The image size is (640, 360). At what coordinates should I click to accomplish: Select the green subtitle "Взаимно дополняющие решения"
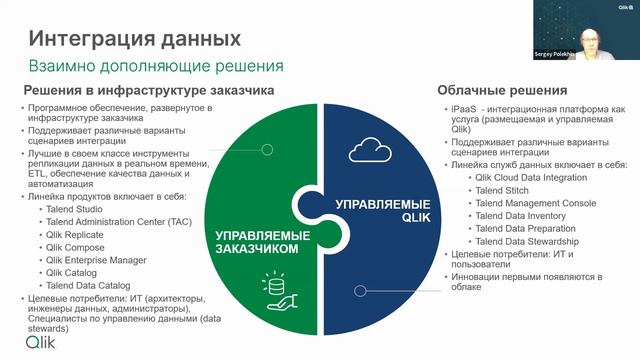tap(155, 66)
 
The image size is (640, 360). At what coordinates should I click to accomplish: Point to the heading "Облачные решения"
tap(502, 90)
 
